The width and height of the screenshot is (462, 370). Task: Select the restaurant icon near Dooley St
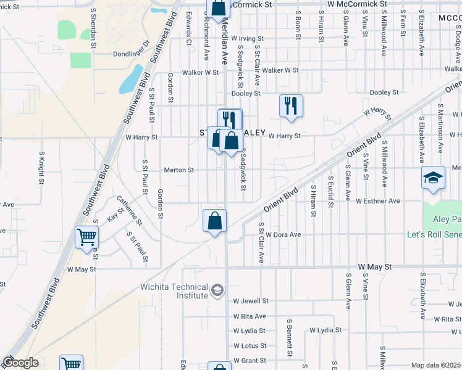[x=290, y=105]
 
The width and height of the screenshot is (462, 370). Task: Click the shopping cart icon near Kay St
[x=86, y=237]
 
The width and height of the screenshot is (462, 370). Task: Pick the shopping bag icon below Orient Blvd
[x=214, y=221]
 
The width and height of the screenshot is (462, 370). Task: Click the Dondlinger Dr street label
[x=132, y=54]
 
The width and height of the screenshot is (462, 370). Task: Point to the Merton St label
[x=179, y=170]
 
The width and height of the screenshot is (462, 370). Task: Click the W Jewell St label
[x=251, y=301]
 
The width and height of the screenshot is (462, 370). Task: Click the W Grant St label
[x=250, y=360]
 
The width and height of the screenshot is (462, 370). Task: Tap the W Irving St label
[x=251, y=39]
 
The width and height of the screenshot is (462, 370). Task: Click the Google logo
[x=20, y=363]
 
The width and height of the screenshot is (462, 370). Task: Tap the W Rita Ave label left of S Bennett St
[x=250, y=316]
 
